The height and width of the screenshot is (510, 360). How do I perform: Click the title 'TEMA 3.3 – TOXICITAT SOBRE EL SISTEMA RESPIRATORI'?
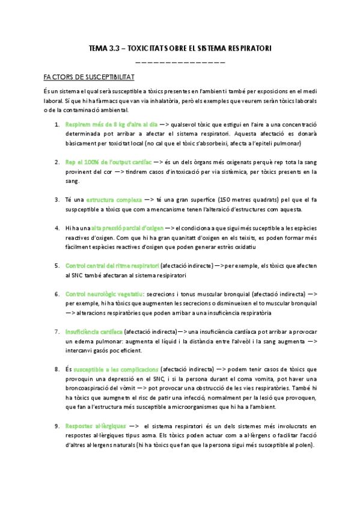tap(180, 48)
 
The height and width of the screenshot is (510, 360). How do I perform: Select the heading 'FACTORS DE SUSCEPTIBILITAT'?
tap(89, 77)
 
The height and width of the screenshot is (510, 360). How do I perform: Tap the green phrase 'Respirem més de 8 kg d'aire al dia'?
tap(103, 124)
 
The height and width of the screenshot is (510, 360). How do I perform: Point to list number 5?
tap(57, 265)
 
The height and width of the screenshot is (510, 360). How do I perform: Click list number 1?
tap(57, 124)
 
